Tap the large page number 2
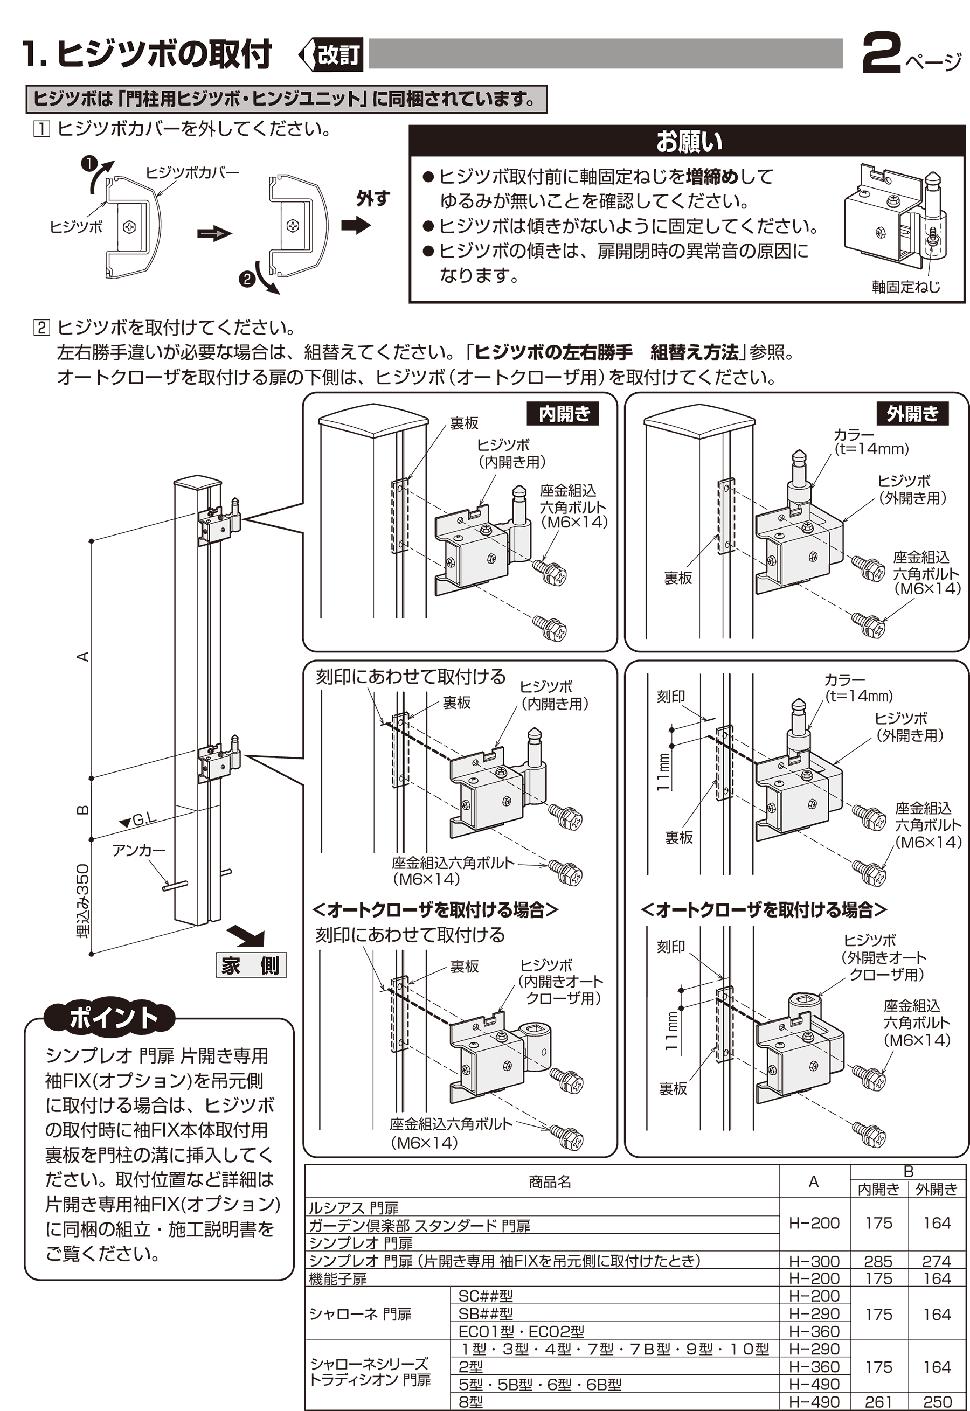coord(881,55)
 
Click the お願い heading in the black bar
coord(689,142)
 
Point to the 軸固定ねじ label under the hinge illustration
coord(905,287)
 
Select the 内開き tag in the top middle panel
coord(564,414)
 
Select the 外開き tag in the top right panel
coord(912,414)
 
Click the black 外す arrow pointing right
coord(356,225)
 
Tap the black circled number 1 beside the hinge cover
coord(89,163)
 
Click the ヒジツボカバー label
coord(192,172)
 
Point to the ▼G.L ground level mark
coord(138,820)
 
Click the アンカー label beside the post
coord(138,850)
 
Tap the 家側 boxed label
coord(251,965)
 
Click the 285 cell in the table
coord(878,1262)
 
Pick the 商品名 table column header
coord(550,1182)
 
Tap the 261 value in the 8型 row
coord(878,1402)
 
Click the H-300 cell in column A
coord(814,1262)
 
